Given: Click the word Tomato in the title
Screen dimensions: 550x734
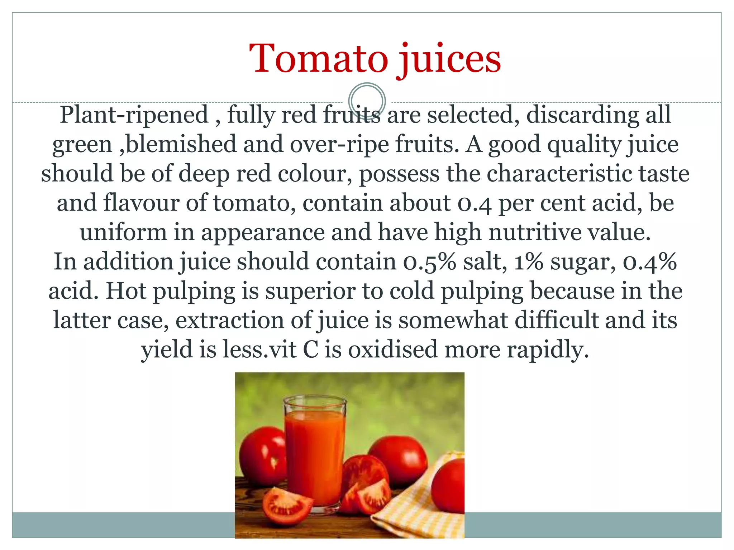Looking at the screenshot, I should [x=318, y=59].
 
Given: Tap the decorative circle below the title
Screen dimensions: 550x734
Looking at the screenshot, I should [x=367, y=101].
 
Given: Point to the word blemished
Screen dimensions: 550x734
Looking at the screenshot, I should [x=181, y=144].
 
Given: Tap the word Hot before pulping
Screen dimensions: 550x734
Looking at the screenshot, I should [x=126, y=291].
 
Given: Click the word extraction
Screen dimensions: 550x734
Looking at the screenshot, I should [x=229, y=320].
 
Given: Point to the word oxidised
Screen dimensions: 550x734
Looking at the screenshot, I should [x=393, y=349].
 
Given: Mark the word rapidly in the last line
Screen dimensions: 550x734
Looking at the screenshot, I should [x=547, y=350].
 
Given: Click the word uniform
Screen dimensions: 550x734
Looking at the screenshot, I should [x=123, y=232].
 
